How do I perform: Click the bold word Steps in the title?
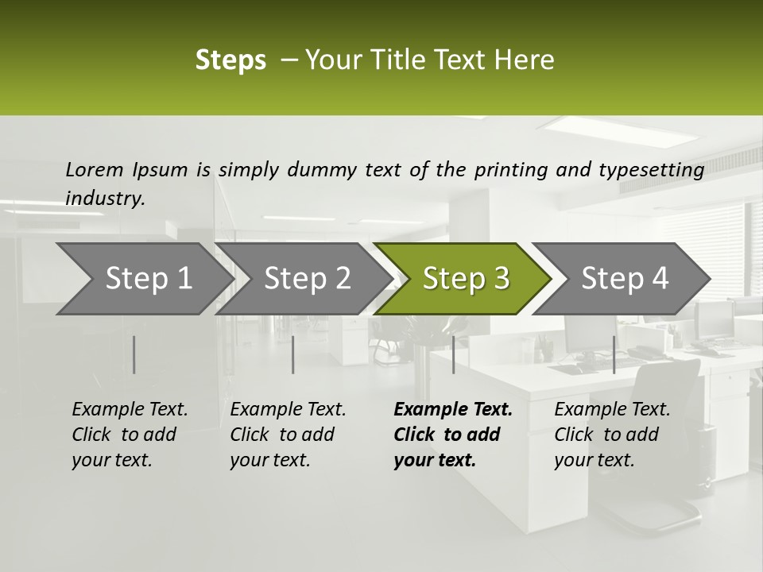[x=230, y=60]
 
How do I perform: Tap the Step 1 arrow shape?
[x=140, y=279]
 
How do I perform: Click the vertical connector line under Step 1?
[x=134, y=354]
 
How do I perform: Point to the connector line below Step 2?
[x=293, y=354]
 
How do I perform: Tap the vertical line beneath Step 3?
[x=453, y=354]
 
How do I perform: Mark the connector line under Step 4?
[x=614, y=354]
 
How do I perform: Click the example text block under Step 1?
[x=130, y=435]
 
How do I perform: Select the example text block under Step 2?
[x=288, y=435]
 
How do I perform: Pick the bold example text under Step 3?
[x=452, y=435]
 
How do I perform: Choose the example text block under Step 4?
[x=612, y=435]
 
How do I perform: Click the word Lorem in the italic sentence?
[x=95, y=169]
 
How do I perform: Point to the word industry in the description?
[x=105, y=198]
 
